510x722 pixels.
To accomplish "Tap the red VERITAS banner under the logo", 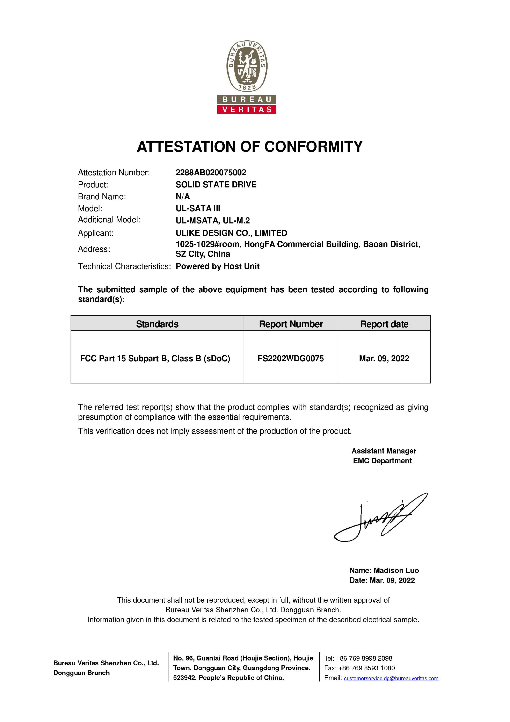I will (247, 109).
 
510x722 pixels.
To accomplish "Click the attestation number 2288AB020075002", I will (211, 172).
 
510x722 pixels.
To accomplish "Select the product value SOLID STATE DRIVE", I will (216, 185).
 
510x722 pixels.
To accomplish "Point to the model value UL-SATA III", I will (198, 208).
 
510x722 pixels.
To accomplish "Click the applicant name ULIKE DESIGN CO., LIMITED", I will (231, 233).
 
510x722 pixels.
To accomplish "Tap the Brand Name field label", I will (102, 196).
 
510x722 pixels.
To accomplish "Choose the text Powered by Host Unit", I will (217, 266).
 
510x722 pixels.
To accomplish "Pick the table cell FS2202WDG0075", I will (290, 358).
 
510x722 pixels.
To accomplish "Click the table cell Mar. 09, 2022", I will (384, 358).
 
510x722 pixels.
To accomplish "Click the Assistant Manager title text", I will (384, 451).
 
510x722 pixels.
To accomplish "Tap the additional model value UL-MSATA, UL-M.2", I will (213, 221).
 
